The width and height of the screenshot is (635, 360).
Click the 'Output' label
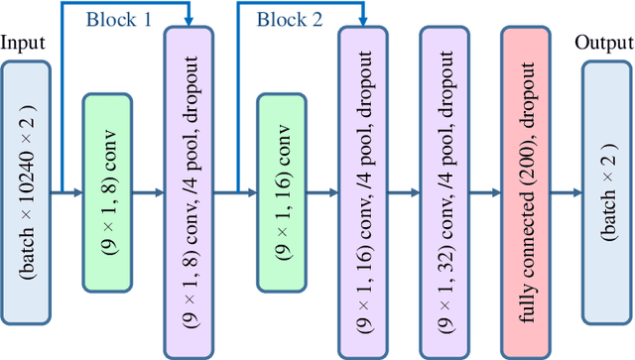tap(602, 43)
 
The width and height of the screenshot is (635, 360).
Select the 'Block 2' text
tap(289, 18)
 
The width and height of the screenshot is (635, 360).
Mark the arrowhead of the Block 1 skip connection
tap(188, 22)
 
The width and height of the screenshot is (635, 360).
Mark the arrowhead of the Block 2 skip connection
tap(363, 22)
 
